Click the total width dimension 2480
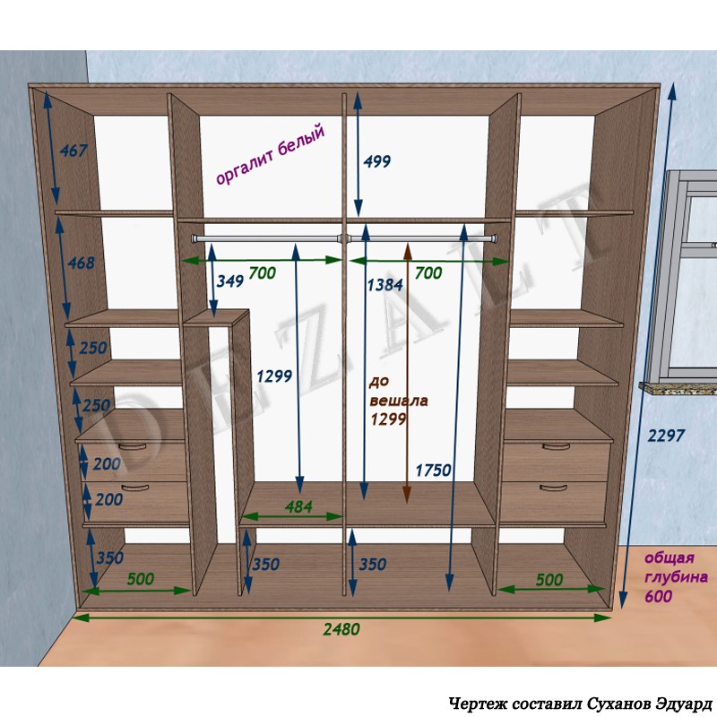(x=341, y=629)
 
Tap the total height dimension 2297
(x=666, y=436)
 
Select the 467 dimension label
(x=73, y=151)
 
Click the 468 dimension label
(x=81, y=263)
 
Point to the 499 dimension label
(x=376, y=161)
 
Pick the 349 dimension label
(x=229, y=281)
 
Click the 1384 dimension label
(x=385, y=285)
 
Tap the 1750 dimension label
(x=433, y=470)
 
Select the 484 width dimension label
(x=298, y=506)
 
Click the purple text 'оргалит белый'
(x=271, y=153)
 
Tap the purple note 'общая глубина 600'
(x=676, y=577)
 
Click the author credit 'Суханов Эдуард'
(x=649, y=703)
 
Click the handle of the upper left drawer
(x=132, y=446)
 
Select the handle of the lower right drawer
(x=553, y=488)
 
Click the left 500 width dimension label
(x=140, y=579)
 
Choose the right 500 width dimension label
(x=549, y=580)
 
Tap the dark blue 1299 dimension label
(x=274, y=376)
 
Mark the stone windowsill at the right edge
(x=678, y=387)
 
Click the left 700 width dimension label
(x=262, y=273)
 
